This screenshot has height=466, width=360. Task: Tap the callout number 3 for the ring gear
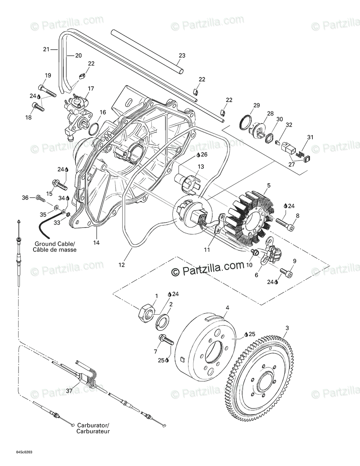287,328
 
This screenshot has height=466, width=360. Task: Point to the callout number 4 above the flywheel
227,308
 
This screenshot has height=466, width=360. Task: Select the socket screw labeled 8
286,222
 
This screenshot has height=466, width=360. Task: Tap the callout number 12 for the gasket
121,265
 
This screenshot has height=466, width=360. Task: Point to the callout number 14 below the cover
97,243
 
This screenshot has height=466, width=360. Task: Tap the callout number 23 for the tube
182,55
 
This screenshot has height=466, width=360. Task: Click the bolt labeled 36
40,198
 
